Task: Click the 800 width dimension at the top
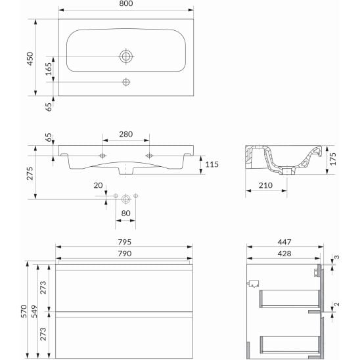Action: point(126,3)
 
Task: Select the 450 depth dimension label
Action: point(30,58)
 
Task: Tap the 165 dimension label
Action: point(49,69)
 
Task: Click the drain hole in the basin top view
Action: point(126,56)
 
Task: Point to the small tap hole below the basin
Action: point(126,82)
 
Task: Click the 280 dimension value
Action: point(126,134)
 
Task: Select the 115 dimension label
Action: point(212,164)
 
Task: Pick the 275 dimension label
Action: point(30,173)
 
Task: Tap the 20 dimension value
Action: point(98,185)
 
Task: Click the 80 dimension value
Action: point(126,214)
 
